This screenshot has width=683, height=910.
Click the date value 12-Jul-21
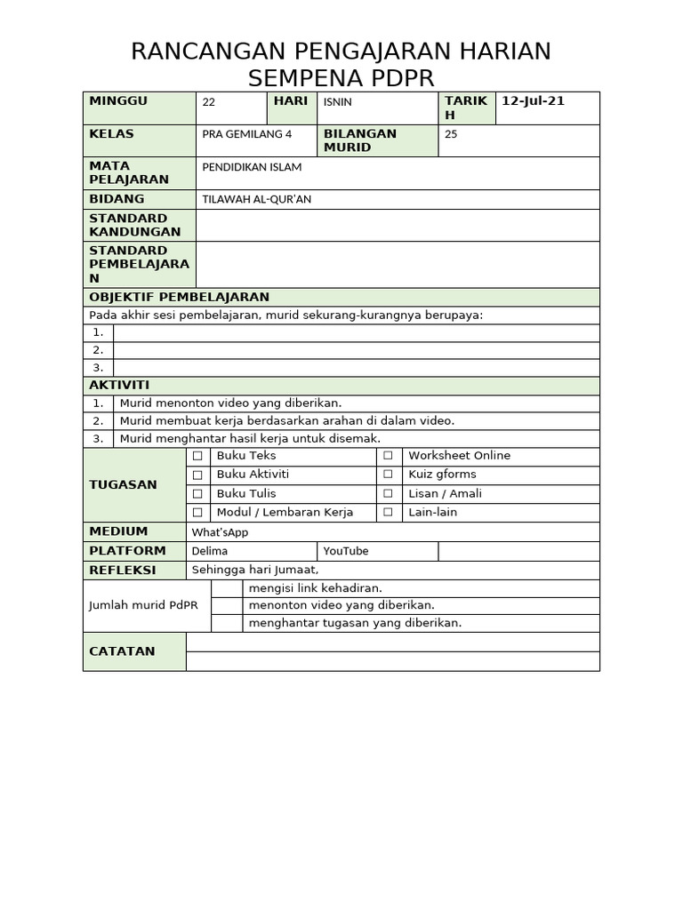533,101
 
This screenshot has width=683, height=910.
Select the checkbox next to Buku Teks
197,456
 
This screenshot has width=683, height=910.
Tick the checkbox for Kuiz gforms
388,475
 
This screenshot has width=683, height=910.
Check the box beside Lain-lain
388,513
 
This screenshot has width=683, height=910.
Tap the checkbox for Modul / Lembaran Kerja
197,513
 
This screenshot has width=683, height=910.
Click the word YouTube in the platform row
346,551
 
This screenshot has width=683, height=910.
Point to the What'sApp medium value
220,532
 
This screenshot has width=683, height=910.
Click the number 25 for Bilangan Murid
451,134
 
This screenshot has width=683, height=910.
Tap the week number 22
209,102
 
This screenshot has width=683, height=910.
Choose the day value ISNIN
337,102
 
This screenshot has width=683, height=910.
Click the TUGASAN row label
123,484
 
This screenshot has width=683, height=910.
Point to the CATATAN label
122,651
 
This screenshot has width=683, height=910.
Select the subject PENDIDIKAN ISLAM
252,167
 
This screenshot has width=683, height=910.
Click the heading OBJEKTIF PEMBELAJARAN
179,297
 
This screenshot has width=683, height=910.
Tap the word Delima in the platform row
210,551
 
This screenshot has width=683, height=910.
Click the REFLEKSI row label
122,570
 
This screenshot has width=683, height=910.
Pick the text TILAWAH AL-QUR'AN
257,199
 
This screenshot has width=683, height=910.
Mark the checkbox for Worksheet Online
388,456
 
